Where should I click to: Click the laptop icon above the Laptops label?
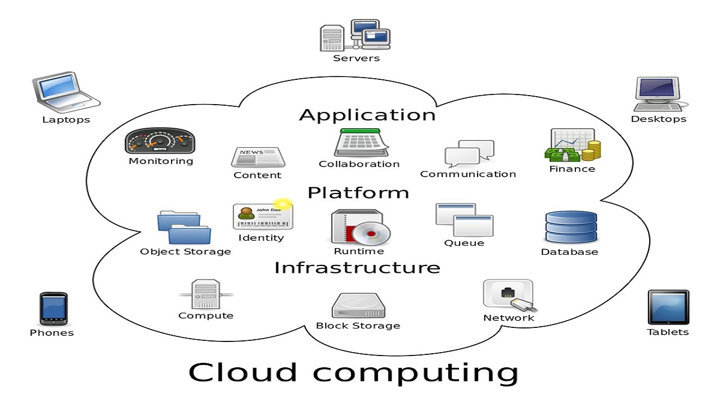tap(65, 91)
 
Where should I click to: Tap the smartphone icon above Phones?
tap(53, 309)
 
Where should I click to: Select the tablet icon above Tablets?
tap(668, 307)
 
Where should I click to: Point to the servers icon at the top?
tap(355, 35)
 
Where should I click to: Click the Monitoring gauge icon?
tap(160, 141)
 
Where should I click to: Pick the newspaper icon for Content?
tap(258, 157)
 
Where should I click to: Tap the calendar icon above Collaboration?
tap(361, 143)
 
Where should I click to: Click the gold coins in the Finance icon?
tap(592, 150)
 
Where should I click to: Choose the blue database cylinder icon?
tap(570, 227)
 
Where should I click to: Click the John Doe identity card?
tap(263, 217)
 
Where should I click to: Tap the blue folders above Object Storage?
tap(184, 228)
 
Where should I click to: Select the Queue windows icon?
tap(464, 220)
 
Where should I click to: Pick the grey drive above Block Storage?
tap(358, 305)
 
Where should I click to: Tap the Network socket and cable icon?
tap(509, 296)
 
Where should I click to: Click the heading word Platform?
tap(358, 193)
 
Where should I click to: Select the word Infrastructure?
tap(357, 267)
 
